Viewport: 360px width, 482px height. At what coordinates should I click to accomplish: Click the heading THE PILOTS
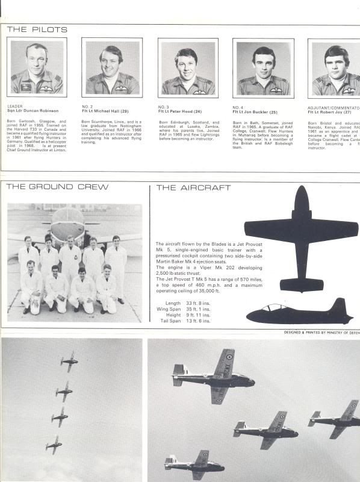coord(37,30)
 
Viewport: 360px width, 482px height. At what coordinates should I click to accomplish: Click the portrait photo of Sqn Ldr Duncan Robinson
coord(37,67)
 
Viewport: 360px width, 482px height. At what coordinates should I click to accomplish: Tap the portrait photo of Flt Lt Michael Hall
coord(112,67)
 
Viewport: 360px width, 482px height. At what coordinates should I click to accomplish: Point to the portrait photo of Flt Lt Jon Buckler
coord(263,68)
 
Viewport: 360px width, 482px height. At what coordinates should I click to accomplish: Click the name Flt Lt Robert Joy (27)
coord(332,111)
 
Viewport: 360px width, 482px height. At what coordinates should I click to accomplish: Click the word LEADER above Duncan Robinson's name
coord(15,106)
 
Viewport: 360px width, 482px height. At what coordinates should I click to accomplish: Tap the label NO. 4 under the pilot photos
coord(238,107)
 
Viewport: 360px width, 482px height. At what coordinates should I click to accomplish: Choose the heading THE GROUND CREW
coord(57,187)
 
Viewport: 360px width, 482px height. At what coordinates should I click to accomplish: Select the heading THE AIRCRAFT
coord(193,188)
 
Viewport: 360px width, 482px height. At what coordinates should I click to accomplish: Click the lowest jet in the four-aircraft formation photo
coord(54,444)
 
